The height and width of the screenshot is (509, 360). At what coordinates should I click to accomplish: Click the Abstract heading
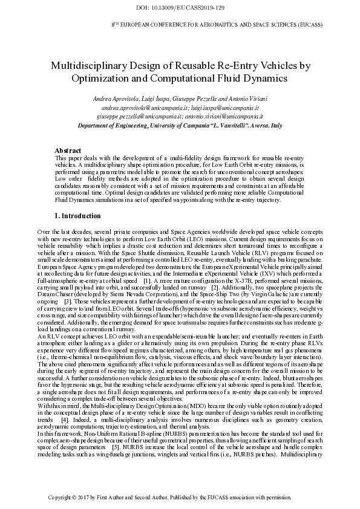(68, 150)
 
